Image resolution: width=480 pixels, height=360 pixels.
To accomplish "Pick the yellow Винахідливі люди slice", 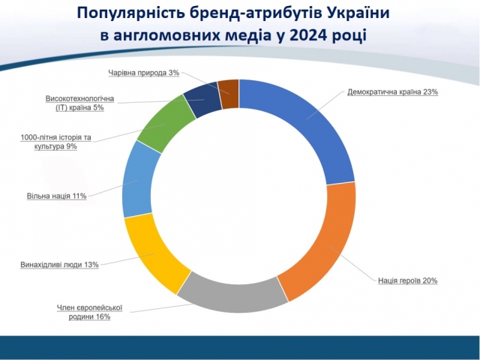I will [154, 255].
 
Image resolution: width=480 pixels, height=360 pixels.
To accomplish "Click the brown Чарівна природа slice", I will [229, 94].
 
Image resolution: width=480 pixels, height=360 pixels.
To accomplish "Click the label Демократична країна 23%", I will [392, 92].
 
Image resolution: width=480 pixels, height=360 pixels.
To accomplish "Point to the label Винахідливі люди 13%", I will [59, 264].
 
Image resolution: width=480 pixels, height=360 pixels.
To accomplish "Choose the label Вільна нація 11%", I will [57, 196].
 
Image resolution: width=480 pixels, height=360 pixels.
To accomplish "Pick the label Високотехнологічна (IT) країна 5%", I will [79, 103].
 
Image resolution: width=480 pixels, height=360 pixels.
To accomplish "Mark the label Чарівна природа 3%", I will [143, 73].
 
